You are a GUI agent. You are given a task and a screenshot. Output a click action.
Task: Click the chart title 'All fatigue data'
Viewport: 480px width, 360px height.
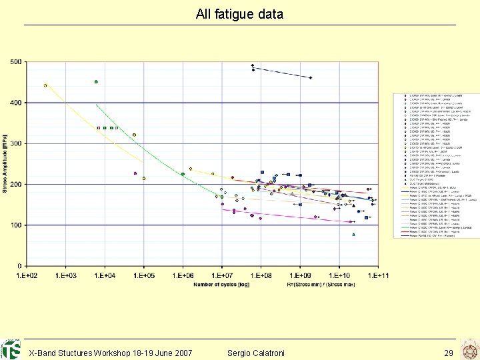click(239, 14)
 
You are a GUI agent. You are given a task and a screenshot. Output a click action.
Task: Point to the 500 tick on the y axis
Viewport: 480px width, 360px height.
click(15, 62)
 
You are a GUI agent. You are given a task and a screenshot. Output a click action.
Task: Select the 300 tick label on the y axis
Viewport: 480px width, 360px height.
click(15, 143)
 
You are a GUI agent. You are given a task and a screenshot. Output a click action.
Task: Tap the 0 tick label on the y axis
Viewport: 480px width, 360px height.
click(19, 266)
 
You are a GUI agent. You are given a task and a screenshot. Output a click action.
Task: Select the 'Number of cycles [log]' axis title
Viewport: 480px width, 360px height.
click(222, 285)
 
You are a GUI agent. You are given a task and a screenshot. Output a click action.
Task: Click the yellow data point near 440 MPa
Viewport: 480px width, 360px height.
click(45, 85)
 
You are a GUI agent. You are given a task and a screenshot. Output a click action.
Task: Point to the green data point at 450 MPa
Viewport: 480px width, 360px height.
click(96, 82)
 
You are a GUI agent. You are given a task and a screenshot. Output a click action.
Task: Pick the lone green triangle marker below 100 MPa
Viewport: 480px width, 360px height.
click(353, 235)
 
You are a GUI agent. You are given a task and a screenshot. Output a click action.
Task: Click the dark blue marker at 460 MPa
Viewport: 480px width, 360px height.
click(310, 78)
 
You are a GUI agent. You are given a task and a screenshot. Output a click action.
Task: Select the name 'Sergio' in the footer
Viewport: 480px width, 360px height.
click(241, 353)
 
